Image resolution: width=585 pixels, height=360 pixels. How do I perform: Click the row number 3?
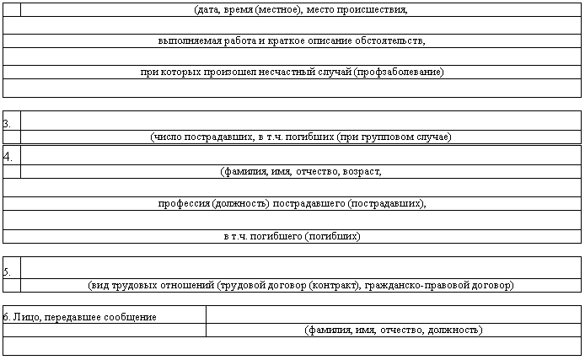coord(8,124)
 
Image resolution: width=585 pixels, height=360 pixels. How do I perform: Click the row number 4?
coord(8,157)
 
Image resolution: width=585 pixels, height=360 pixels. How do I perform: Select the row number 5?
coord(8,271)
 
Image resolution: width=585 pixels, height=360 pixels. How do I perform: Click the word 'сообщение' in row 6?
coord(131,317)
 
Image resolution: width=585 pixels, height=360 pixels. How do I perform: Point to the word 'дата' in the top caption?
coord(207,11)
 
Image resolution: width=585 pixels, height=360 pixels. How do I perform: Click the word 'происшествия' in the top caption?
coord(375,11)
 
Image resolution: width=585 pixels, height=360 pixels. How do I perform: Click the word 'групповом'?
coord(389,137)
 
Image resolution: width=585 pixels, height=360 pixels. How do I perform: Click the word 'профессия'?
coord(184,203)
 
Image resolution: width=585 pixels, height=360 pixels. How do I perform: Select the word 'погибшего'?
coord(278,236)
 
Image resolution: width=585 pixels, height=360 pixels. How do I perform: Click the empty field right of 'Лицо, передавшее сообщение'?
coord(393,314)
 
